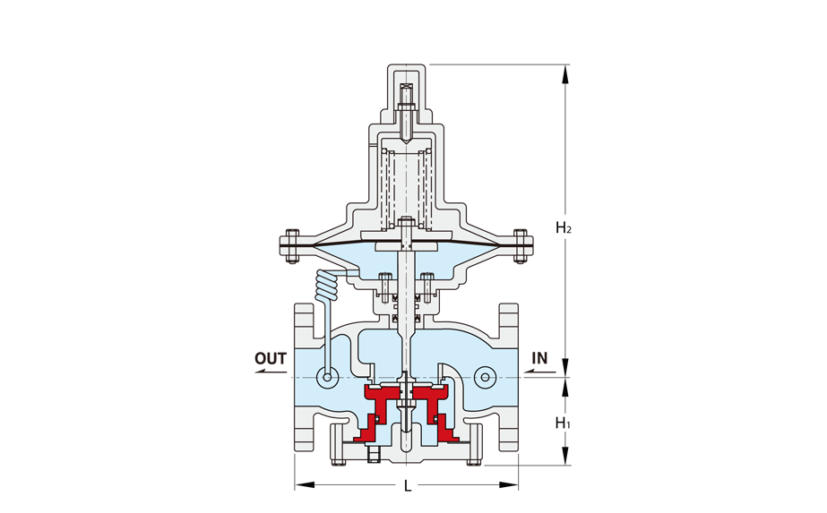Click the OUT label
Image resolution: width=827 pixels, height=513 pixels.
(x=270, y=358)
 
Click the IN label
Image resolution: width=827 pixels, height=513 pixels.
(x=539, y=358)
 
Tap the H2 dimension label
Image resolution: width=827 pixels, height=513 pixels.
(x=564, y=227)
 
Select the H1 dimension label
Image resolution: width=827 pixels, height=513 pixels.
(x=564, y=423)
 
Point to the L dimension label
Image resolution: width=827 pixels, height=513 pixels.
(x=407, y=486)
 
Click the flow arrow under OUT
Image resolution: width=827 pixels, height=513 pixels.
(x=271, y=372)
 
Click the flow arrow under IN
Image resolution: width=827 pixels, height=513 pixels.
(x=539, y=372)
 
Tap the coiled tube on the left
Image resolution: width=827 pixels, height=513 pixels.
(x=327, y=289)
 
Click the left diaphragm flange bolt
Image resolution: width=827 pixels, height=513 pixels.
(x=292, y=245)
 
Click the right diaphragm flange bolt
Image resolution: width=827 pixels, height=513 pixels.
(x=521, y=245)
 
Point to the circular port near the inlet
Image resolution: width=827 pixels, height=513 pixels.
(x=485, y=377)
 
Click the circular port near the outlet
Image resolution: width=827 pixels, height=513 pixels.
(x=328, y=378)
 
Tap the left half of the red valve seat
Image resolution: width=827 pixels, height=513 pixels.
(x=379, y=411)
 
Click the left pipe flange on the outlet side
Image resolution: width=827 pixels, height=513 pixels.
(x=305, y=378)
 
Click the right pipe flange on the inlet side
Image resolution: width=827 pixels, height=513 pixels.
(x=508, y=378)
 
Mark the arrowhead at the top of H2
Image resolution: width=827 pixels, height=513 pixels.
(x=565, y=73)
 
